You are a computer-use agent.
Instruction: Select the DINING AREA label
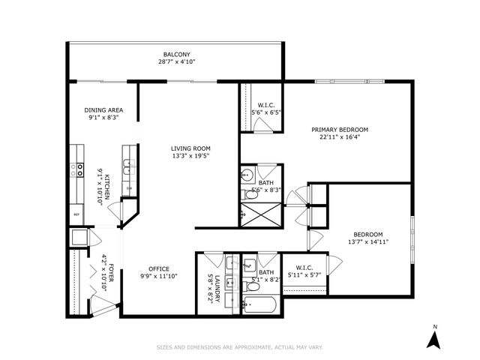pos(103,110)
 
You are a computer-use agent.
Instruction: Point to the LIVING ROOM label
pos(190,148)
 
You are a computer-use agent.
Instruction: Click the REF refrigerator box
pos(76,214)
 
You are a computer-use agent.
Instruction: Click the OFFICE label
pos(158,269)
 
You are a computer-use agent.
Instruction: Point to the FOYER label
pos(111,271)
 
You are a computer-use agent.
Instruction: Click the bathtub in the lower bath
pos(259,304)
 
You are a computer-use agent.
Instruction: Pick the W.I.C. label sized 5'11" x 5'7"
pos(304,268)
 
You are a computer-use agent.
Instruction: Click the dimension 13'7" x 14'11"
pos(367,242)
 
